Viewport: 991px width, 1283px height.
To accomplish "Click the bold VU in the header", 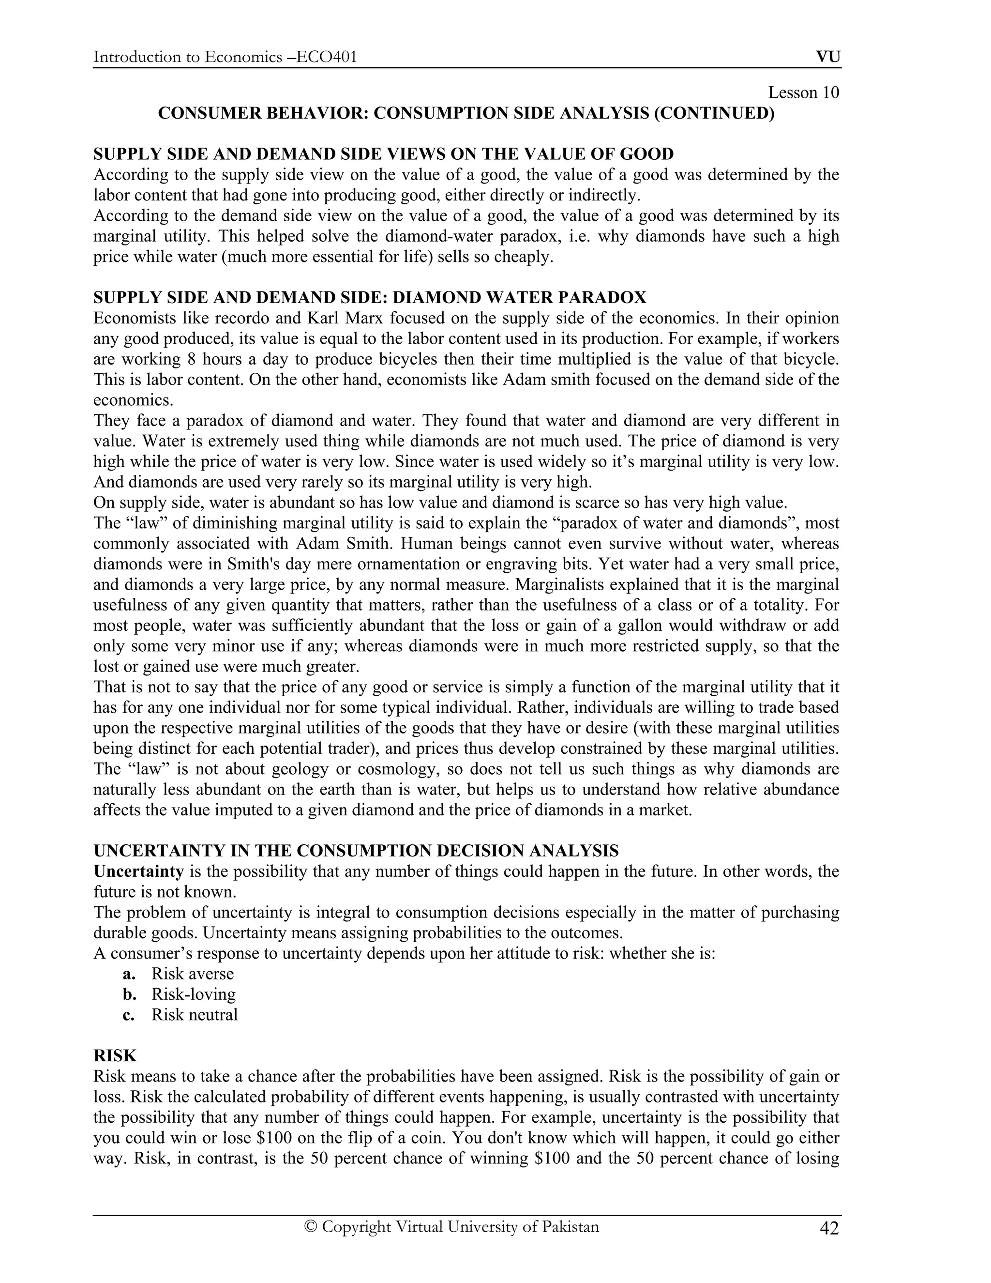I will tap(828, 57).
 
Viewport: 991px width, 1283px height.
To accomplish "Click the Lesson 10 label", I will tap(803, 93).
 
